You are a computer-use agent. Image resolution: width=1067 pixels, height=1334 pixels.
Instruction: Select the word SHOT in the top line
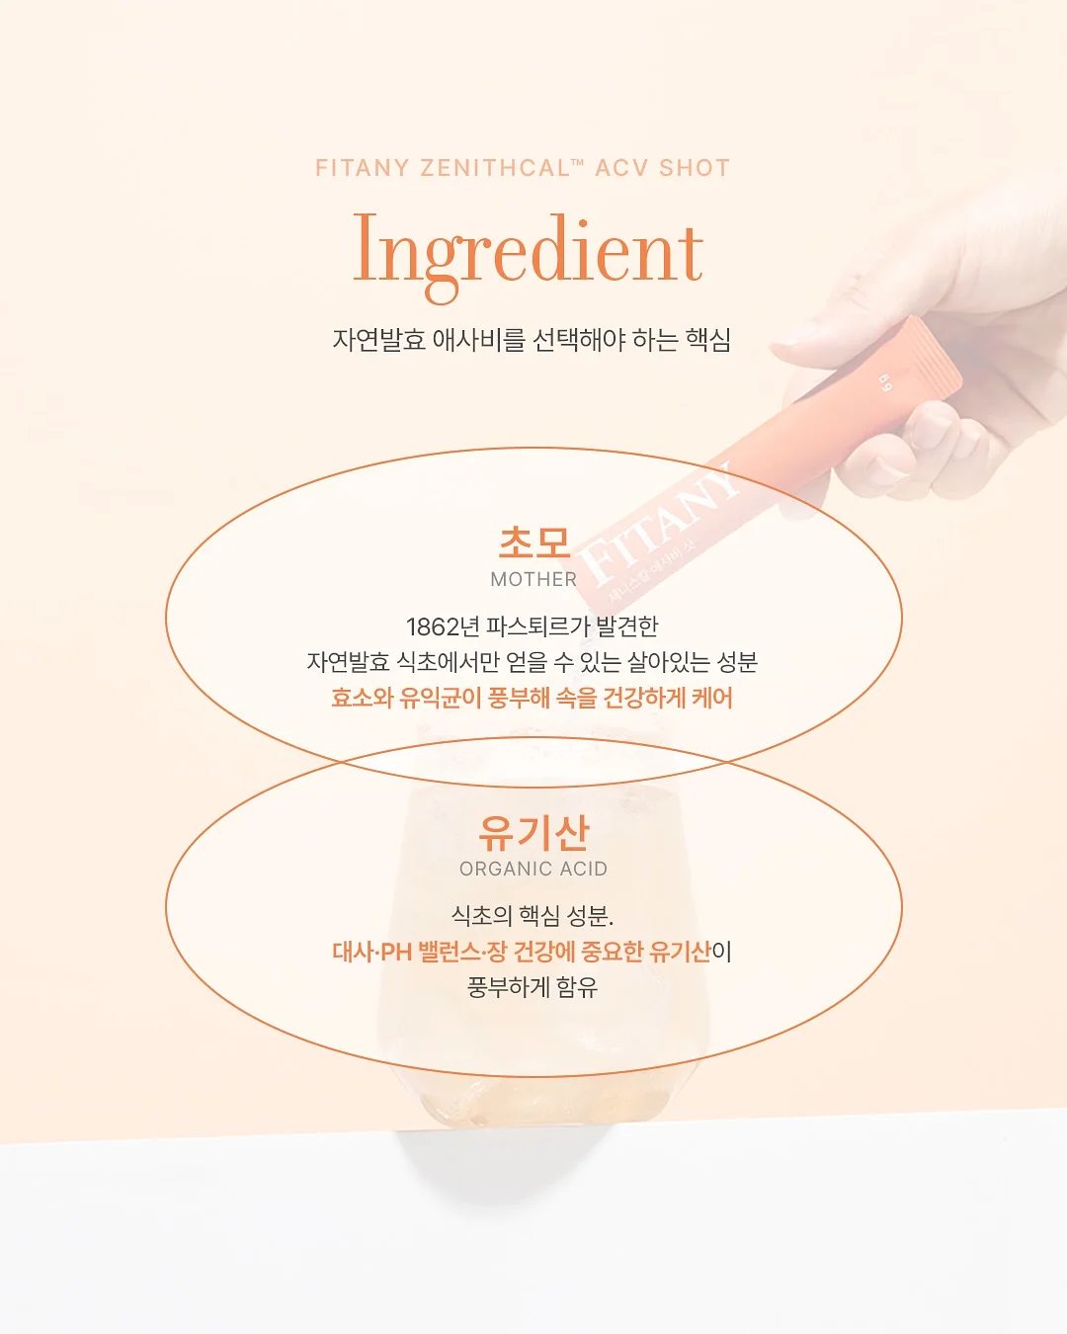(695, 168)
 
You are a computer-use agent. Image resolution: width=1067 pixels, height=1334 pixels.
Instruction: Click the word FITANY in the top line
(362, 168)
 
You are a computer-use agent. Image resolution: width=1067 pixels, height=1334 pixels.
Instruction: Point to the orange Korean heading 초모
(533, 543)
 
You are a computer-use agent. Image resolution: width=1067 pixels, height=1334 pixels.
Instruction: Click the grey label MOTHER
(533, 580)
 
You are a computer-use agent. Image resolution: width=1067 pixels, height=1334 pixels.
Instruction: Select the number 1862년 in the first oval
(443, 626)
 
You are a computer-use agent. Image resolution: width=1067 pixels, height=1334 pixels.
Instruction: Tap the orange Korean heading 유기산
(533, 833)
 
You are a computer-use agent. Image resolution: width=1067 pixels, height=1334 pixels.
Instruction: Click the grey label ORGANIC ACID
(533, 870)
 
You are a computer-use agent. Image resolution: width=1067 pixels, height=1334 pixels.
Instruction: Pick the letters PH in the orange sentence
(396, 952)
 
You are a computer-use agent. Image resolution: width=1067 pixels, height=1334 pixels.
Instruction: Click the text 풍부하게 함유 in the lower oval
(533, 987)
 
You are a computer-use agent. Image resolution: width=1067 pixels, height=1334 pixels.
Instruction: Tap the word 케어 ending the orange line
(712, 698)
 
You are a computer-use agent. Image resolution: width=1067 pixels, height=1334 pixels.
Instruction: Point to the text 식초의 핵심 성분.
(533, 916)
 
